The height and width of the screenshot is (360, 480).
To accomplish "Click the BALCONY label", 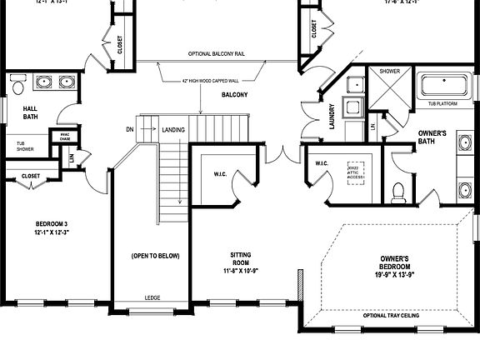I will click(x=234, y=96).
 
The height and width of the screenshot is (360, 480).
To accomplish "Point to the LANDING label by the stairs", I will click(x=173, y=129).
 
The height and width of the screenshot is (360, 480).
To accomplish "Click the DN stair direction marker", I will click(x=129, y=129).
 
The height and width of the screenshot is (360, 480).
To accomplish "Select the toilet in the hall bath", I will click(x=17, y=83).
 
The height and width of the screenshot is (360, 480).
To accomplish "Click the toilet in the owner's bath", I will click(x=398, y=191).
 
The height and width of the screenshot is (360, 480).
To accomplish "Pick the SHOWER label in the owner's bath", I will click(x=390, y=72).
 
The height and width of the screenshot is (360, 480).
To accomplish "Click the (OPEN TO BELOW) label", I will click(x=155, y=255).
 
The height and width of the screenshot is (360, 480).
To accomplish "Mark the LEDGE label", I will click(x=152, y=297).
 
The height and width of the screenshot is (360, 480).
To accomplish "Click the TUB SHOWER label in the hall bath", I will click(x=27, y=148).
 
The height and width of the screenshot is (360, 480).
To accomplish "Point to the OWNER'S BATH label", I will click(x=432, y=137).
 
